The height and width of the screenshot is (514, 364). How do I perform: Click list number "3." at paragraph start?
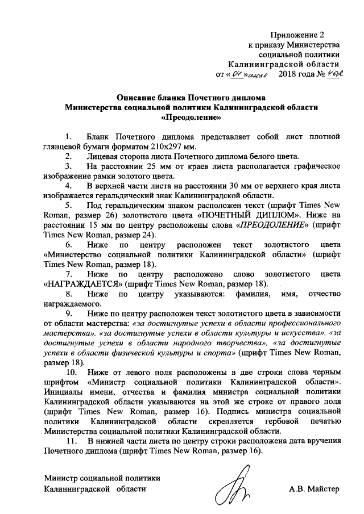coord(69,166)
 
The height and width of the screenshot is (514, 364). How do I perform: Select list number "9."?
coord(69,313)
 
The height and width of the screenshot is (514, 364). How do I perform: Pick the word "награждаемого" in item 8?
coord(70,304)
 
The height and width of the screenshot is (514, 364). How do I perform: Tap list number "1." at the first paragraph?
coord(69,136)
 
